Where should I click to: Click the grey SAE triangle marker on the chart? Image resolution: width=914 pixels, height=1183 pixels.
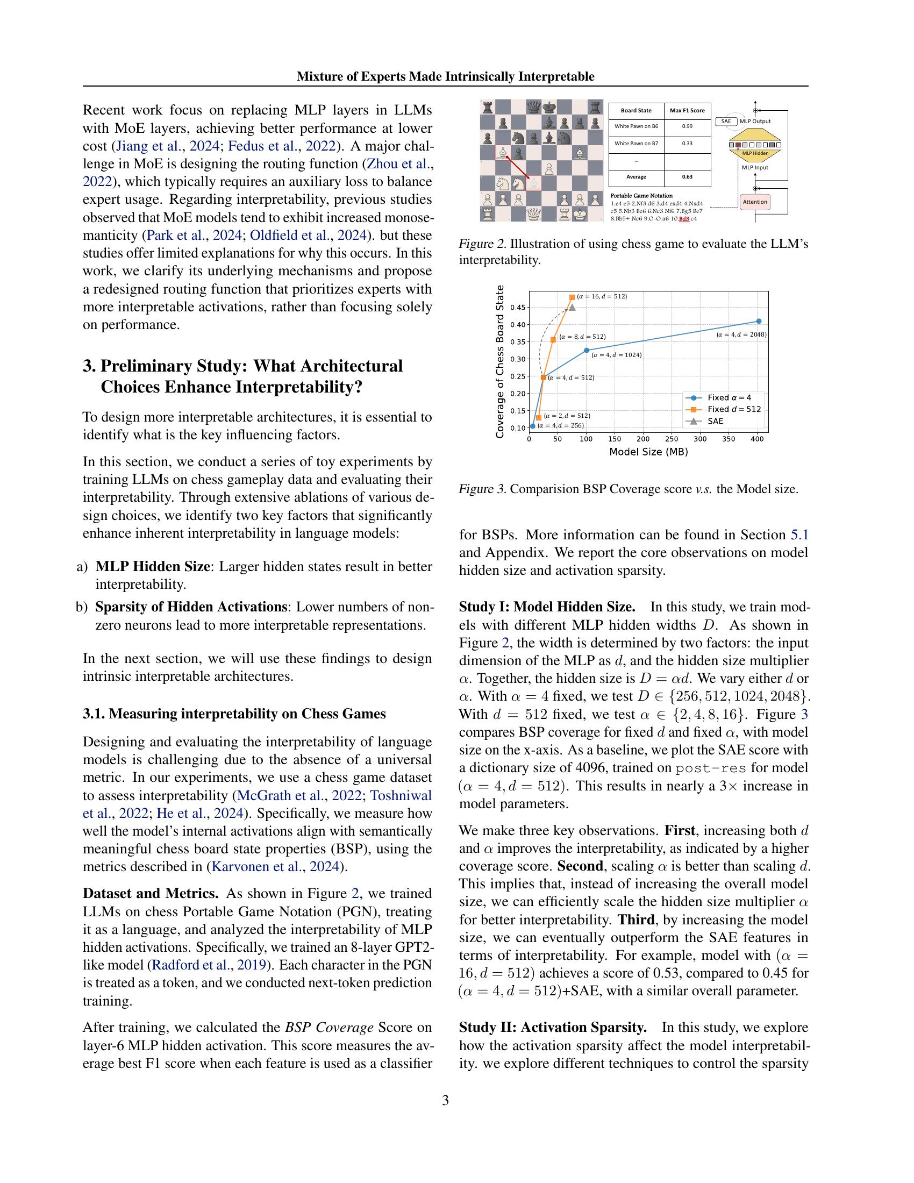point(572,307)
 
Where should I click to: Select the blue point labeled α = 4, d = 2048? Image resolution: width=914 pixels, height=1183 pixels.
point(759,321)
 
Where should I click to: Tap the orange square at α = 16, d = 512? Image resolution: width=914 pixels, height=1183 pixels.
point(572,297)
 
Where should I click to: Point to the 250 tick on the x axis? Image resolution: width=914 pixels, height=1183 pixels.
point(672,439)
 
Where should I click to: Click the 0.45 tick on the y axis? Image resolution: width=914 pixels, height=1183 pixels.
point(518,307)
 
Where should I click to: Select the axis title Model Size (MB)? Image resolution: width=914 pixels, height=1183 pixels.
point(648,451)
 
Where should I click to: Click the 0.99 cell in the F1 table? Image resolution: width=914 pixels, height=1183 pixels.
point(687,127)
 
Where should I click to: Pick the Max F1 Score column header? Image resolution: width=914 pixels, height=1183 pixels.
point(687,110)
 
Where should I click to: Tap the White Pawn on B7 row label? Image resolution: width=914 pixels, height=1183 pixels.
point(636,144)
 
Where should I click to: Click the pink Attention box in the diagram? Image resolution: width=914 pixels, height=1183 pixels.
point(755,202)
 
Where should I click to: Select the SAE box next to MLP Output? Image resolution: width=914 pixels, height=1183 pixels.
point(726,122)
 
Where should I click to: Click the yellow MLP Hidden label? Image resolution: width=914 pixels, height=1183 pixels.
point(755,153)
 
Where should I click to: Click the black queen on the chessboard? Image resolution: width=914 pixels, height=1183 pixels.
point(534,106)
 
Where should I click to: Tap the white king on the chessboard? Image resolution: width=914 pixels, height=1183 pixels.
point(580,215)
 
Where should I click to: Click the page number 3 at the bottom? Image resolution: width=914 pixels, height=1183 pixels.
point(445,1100)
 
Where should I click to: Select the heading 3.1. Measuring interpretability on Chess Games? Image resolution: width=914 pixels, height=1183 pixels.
point(234,714)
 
